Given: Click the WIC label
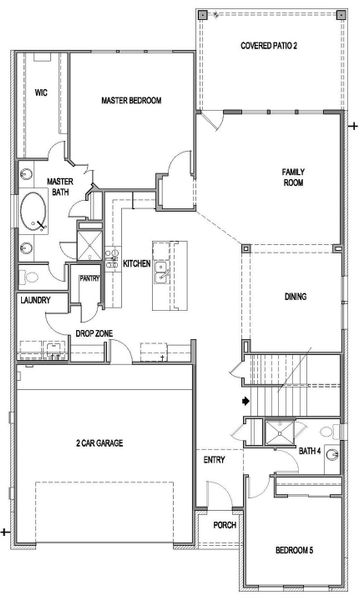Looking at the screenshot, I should (x=41, y=91).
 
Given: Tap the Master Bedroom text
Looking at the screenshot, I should (x=131, y=100).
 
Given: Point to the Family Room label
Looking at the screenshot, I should (x=293, y=178).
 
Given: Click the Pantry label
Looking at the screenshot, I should (x=89, y=279).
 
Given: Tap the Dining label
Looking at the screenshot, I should (x=295, y=297).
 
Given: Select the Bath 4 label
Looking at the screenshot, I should (x=310, y=451).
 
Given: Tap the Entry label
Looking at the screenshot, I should (x=213, y=460).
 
